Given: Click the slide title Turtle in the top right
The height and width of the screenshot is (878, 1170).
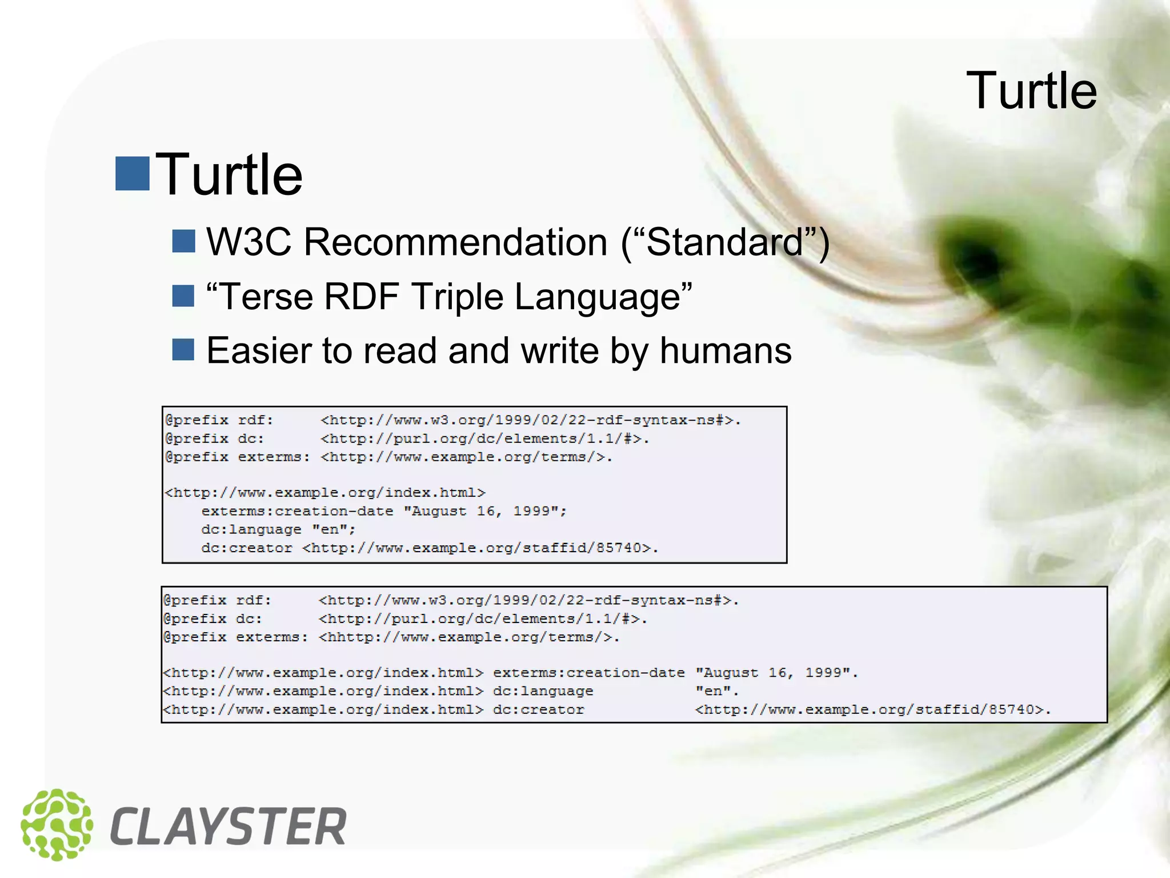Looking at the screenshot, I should pyautogui.click(x=1031, y=91).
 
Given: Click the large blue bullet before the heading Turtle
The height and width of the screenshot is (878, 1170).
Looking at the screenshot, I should pyautogui.click(x=133, y=173).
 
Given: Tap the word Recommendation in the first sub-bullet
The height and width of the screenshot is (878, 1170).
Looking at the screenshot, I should pyautogui.click(x=455, y=242).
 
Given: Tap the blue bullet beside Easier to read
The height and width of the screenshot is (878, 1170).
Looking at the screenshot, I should pyautogui.click(x=183, y=350).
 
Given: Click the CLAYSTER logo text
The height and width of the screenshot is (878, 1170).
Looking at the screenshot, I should pyautogui.click(x=227, y=827).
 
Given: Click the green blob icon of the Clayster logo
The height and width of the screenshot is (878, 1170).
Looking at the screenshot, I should pyautogui.click(x=56, y=824).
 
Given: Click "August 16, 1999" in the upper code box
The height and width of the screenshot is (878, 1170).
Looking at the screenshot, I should pyautogui.click(x=485, y=511).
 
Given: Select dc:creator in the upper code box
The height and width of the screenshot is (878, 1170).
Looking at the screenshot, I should pyautogui.click(x=246, y=548).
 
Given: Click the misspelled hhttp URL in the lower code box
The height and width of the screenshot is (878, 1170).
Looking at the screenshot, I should pyautogui.click(x=468, y=637).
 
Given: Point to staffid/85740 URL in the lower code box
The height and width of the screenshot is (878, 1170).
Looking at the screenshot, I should pyautogui.click(x=873, y=709).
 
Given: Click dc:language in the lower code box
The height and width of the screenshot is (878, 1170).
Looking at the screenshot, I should pyautogui.click(x=543, y=691).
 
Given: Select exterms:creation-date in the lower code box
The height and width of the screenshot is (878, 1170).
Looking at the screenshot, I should pyautogui.click(x=588, y=673).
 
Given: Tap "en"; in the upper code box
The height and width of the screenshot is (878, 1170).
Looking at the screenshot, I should pyautogui.click(x=334, y=529).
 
